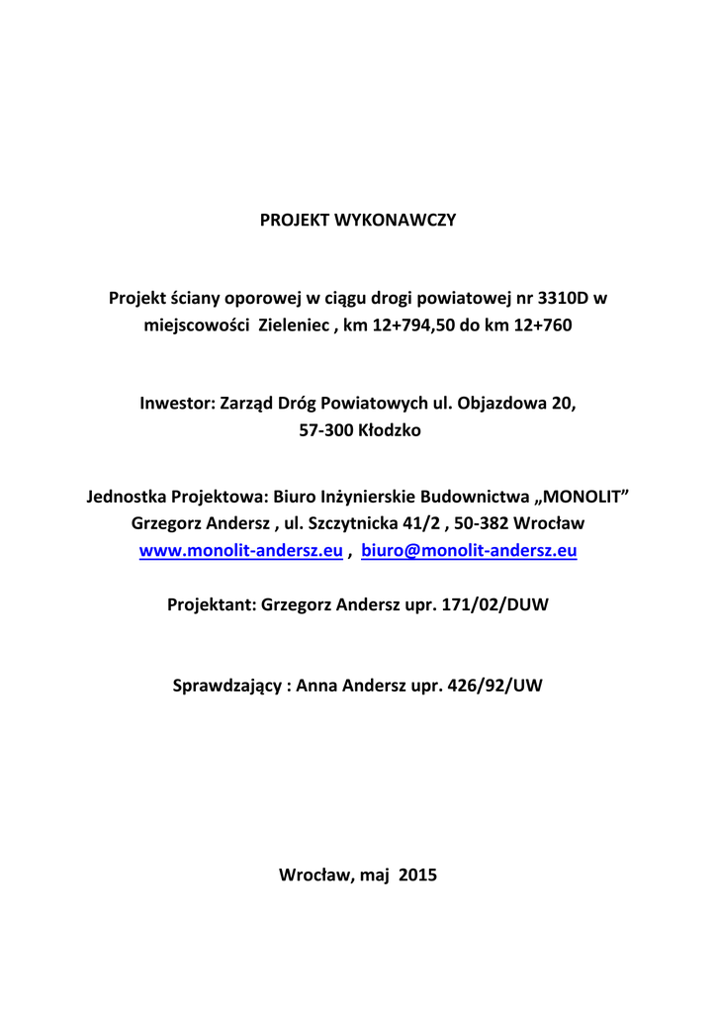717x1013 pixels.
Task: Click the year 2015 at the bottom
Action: [x=417, y=875]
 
